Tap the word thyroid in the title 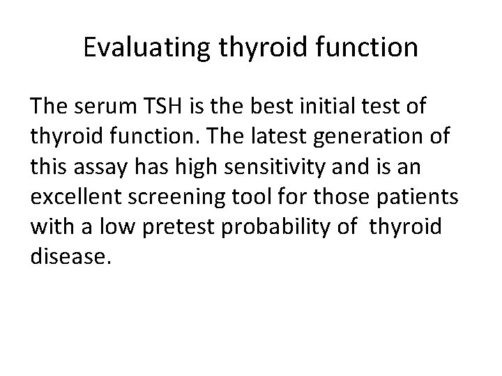click(x=254, y=48)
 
